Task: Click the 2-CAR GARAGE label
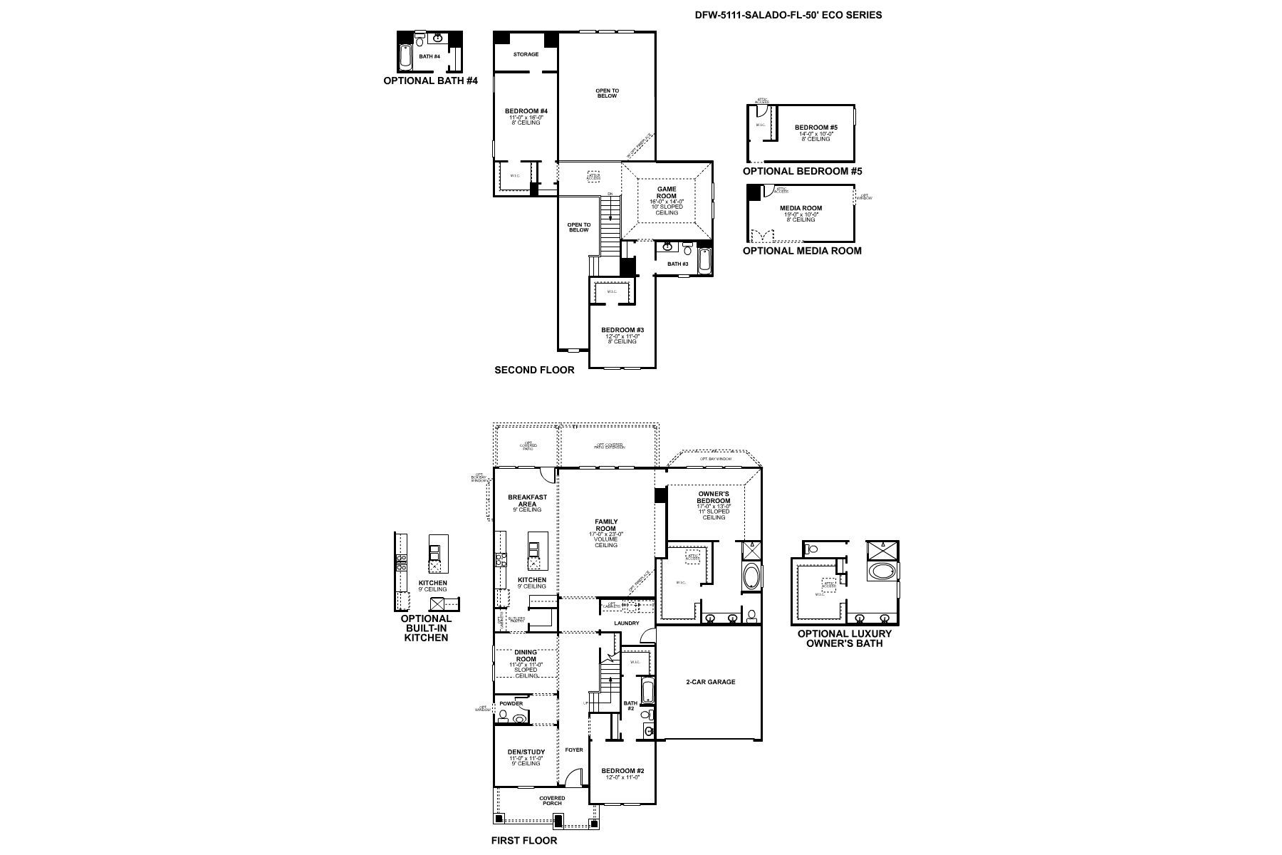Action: [710, 682]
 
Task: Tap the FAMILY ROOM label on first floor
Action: [606, 525]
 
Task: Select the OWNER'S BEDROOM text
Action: [714, 497]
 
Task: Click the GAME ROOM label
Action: [667, 192]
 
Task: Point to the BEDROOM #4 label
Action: [526, 111]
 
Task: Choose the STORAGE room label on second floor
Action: [526, 54]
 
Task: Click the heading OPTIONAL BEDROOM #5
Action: [802, 171]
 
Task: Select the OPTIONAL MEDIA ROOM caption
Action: [802, 251]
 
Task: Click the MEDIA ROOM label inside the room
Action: [801, 208]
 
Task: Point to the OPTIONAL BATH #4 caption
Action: [430, 81]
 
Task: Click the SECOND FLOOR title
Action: [534, 370]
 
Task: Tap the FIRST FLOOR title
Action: [524, 840]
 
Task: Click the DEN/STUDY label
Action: [527, 752]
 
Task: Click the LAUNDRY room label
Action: [627, 623]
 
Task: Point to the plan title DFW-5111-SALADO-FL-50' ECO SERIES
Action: [788, 14]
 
